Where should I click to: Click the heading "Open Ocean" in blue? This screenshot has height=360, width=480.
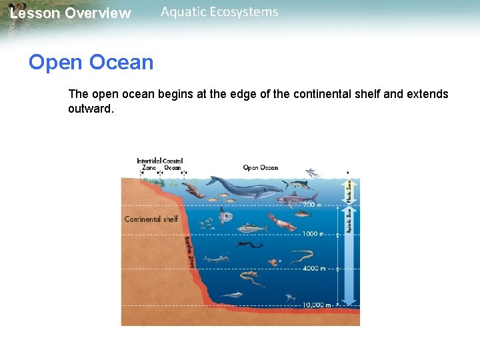(x=91, y=63)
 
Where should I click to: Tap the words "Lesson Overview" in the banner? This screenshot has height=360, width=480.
(x=71, y=13)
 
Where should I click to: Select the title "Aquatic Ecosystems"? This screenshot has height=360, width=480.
(x=219, y=12)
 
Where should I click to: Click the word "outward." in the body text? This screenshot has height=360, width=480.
(x=91, y=108)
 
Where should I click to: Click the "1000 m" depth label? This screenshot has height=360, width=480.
(x=312, y=234)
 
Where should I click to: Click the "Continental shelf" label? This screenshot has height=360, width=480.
(x=151, y=219)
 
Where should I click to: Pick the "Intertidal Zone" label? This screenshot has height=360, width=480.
(x=149, y=165)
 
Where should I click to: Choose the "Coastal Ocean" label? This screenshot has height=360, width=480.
(x=173, y=165)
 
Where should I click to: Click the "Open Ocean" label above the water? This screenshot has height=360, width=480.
(x=261, y=167)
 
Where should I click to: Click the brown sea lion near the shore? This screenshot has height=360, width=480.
(x=194, y=191)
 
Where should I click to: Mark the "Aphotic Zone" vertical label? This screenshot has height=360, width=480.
(x=348, y=219)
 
